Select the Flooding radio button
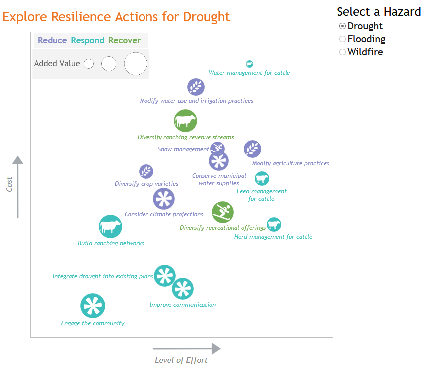point(342,39)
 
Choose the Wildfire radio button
point(342,52)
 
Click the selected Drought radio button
point(342,26)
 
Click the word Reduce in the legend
point(52,40)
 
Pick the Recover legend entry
point(124,40)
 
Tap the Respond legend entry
point(88,41)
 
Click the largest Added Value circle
point(136,64)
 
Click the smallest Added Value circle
point(89,64)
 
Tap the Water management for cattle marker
point(249,64)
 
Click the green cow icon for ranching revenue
point(185,121)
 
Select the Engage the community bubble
point(93,306)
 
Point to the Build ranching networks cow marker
point(110,227)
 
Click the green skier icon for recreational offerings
point(223,212)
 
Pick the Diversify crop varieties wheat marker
point(146,172)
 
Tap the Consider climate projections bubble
point(164,199)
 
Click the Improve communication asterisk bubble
point(183,289)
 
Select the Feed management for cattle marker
point(262,179)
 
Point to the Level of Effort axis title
point(181,360)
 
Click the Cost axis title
point(9,184)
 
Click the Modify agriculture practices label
point(291,163)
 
